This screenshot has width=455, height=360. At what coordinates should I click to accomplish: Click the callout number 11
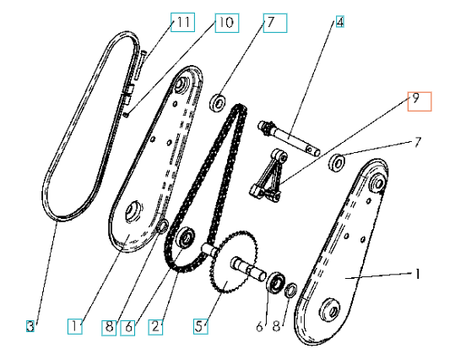(181, 23)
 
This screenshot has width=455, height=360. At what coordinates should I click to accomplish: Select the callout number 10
(225, 23)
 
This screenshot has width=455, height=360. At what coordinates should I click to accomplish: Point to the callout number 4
(339, 23)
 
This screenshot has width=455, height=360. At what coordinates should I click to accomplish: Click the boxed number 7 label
(273, 23)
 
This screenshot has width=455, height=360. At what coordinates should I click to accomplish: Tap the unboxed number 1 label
(414, 275)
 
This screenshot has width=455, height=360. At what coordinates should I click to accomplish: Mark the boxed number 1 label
(77, 325)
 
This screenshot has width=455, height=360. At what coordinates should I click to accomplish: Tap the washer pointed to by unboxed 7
(339, 161)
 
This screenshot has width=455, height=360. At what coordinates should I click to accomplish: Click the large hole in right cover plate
(329, 314)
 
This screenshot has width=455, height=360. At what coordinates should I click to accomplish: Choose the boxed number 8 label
(108, 325)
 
